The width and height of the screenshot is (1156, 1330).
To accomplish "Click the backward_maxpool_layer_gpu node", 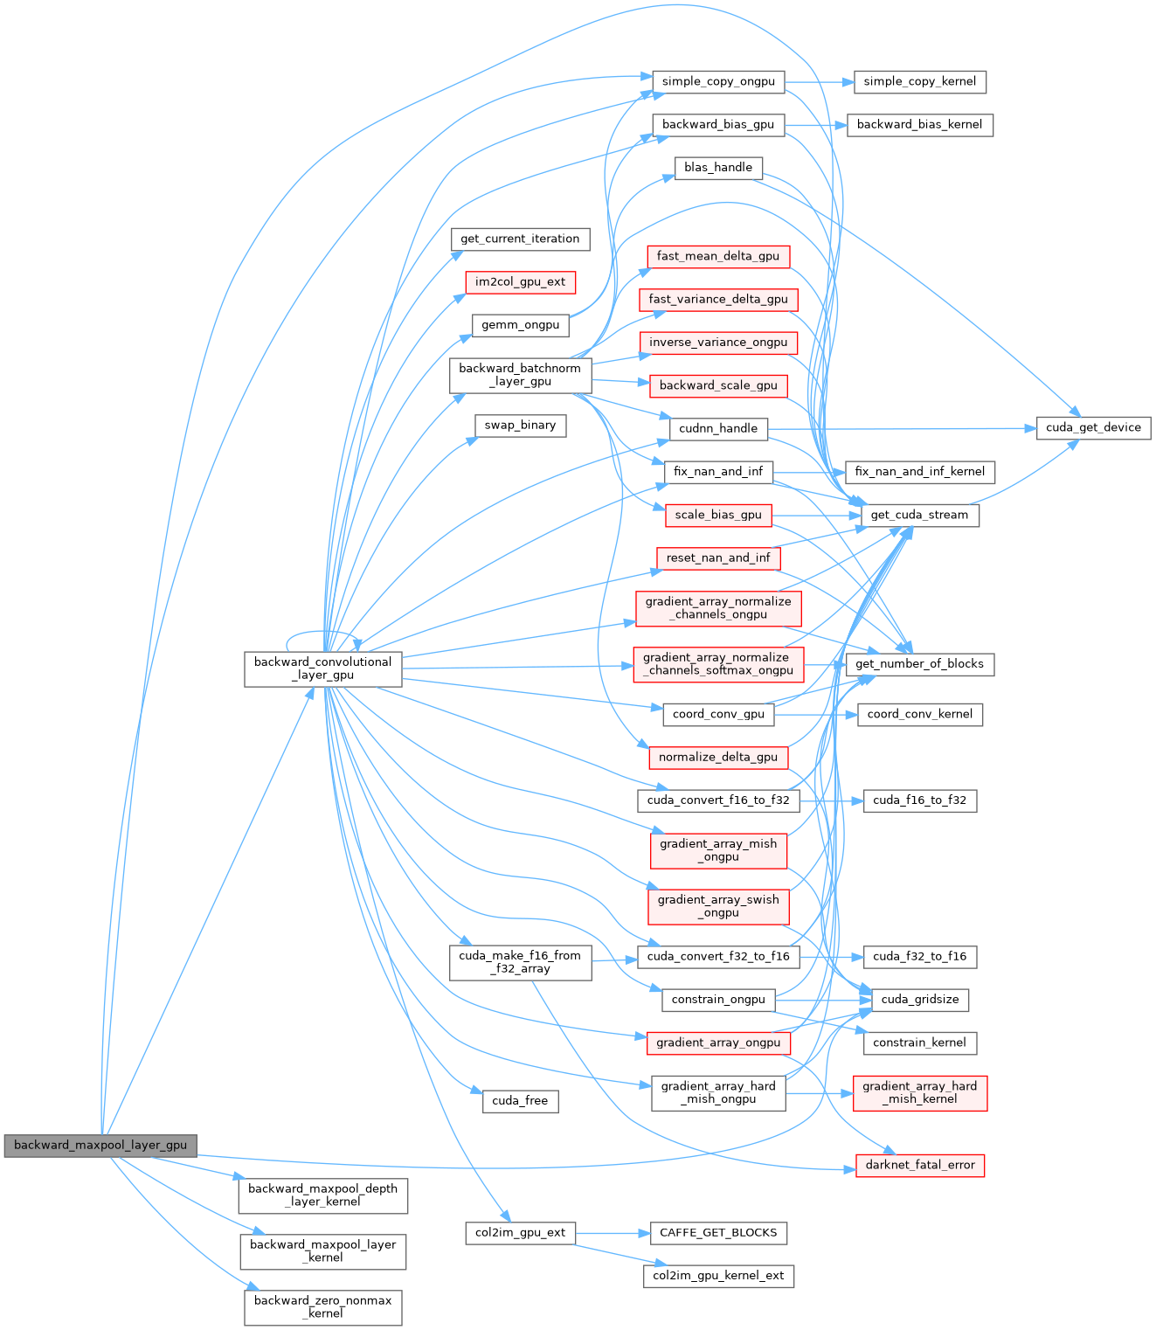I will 100,1145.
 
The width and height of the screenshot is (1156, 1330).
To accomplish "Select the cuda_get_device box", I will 1093,428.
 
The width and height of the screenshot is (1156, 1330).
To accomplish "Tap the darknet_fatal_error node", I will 920,1165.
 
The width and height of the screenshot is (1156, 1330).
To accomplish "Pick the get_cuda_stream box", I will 919,515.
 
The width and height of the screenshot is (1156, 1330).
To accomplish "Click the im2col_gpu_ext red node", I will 520,282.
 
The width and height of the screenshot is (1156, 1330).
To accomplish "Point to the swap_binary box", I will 520,426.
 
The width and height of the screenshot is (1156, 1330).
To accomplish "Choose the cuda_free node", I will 520,1101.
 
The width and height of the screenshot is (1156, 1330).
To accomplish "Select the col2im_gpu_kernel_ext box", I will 718,1276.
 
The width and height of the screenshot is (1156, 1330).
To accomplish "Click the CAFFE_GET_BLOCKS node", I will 718,1233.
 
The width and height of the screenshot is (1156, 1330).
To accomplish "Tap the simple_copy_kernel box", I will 920,82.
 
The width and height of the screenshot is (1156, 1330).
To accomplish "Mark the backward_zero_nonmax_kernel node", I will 322,1307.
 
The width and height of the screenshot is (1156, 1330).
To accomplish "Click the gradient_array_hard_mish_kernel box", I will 920,1093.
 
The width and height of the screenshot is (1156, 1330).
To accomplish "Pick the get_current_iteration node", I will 520,239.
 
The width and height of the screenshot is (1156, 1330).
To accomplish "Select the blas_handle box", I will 718,168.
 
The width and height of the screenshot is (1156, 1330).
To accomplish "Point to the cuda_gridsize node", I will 920,1000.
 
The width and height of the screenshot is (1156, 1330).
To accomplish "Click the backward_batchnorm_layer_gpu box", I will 520,375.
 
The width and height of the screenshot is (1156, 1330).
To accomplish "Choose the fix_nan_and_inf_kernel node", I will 919,472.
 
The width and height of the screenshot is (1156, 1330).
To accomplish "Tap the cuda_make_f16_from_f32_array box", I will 520,962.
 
